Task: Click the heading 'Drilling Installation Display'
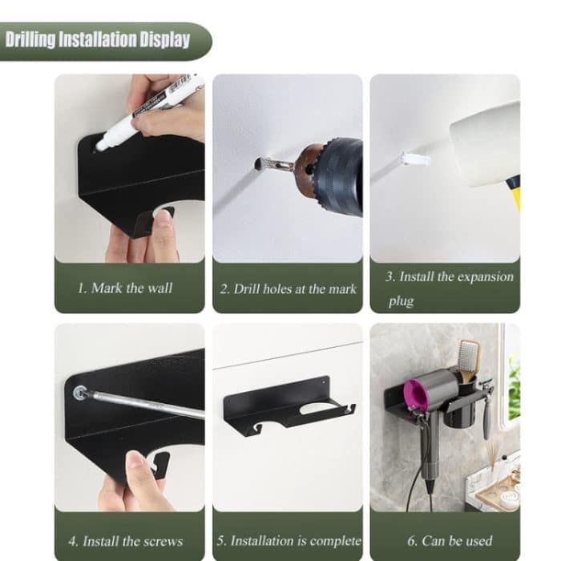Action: point(98,40)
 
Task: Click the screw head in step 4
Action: point(79,392)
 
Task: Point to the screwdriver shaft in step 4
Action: point(144,404)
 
